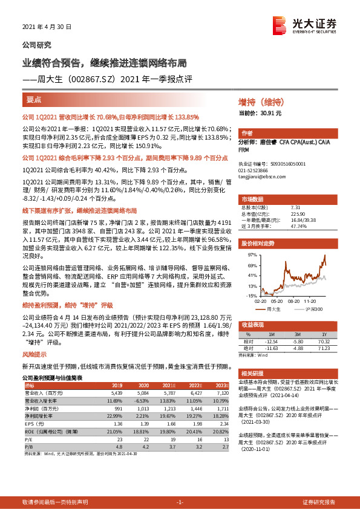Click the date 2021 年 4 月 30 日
coord(47,27)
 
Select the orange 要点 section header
coord(34,100)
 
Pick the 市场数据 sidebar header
coord(253,199)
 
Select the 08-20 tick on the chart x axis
coord(295,300)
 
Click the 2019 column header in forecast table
coord(116,385)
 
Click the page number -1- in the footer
coord(180,502)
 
